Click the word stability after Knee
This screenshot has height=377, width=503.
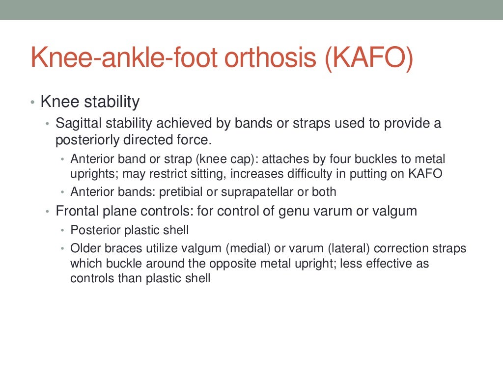coord(112,102)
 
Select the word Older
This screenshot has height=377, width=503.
coord(84,248)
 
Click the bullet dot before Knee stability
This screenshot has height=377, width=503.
coord(32,103)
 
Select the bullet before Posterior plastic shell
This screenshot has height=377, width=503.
coord(62,230)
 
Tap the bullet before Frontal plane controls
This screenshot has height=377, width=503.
coord(47,212)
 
